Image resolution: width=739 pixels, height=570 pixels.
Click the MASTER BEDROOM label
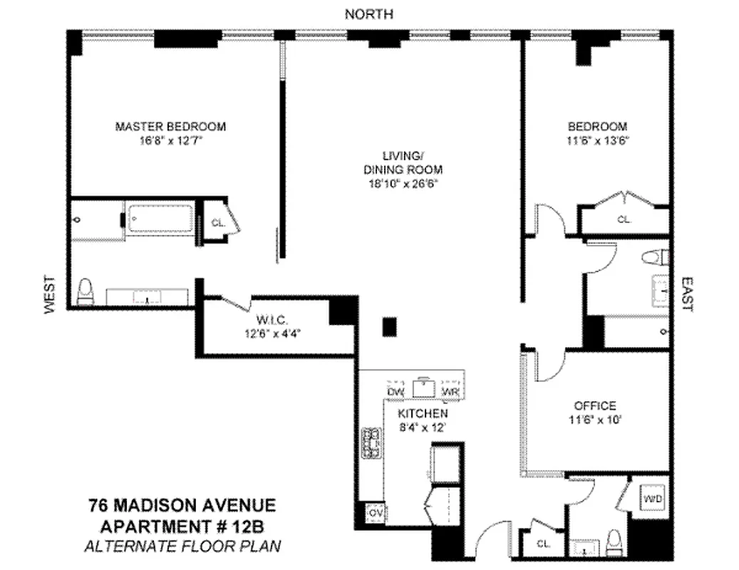[170, 126]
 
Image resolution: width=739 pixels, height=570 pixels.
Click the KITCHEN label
[423, 413]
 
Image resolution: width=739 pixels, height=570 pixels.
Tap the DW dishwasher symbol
[396, 391]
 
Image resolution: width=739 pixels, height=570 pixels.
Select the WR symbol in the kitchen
[450, 391]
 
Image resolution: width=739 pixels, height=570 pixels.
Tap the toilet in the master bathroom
[85, 291]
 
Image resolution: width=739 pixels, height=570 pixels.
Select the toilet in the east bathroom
[654, 256]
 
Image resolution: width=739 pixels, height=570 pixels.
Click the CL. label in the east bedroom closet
[624, 219]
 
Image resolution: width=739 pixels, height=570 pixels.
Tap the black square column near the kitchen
[389, 326]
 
